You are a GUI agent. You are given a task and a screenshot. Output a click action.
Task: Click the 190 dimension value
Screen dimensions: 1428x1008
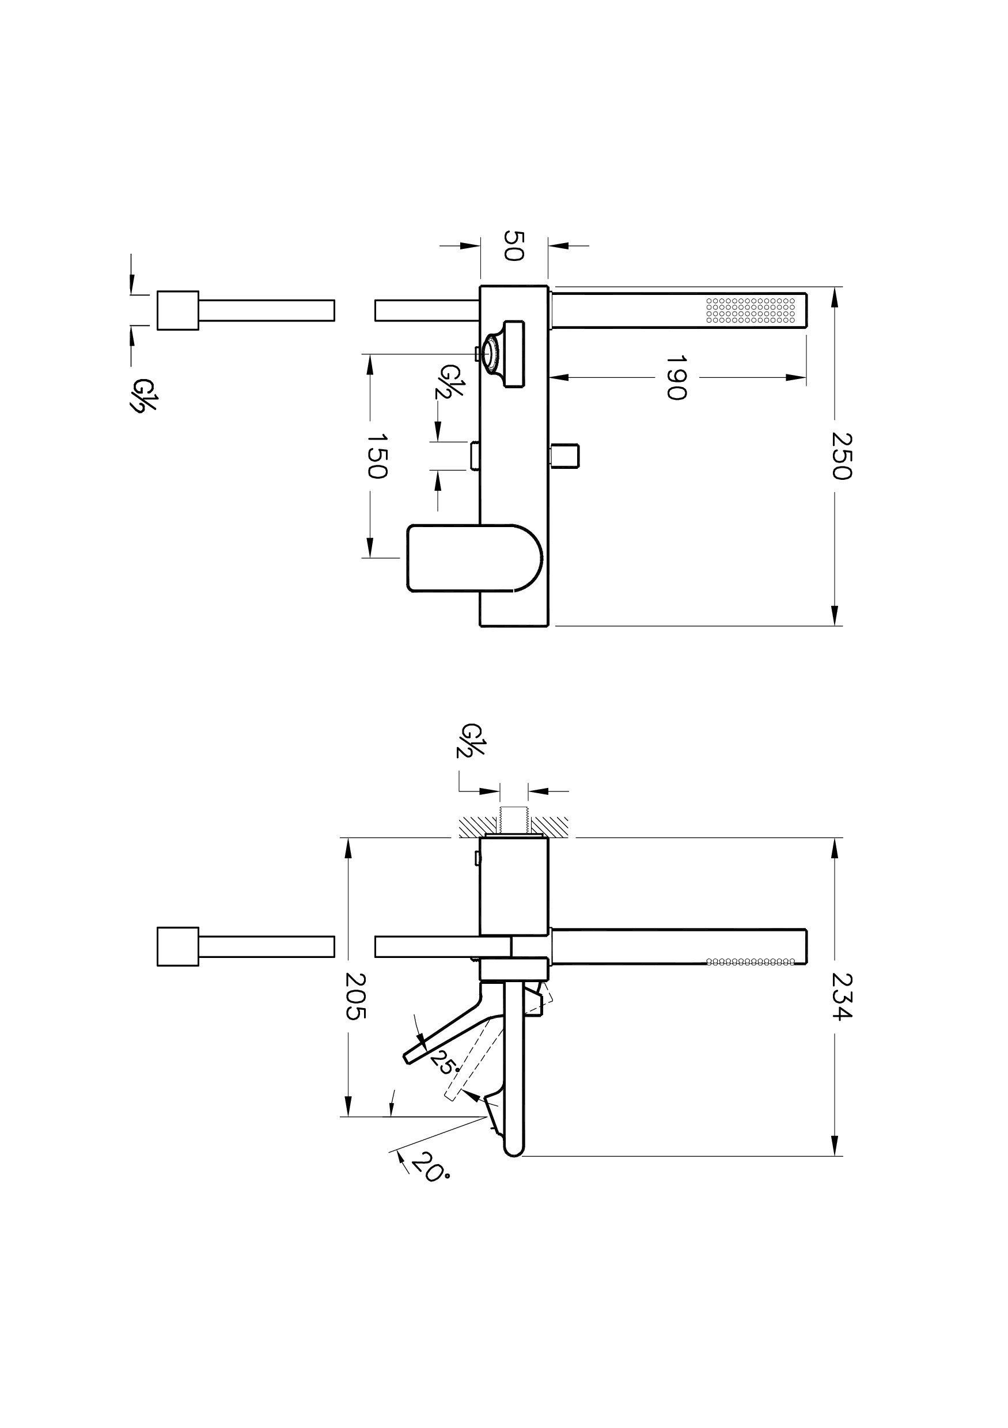click(x=676, y=377)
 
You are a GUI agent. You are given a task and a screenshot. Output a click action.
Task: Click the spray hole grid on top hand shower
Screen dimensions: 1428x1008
click(x=751, y=310)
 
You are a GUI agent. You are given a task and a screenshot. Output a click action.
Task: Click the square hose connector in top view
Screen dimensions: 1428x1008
click(x=178, y=310)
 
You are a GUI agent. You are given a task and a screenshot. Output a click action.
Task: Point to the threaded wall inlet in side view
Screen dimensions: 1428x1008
click(x=514, y=820)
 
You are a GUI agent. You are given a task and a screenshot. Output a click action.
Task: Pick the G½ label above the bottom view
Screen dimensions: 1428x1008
click(x=471, y=740)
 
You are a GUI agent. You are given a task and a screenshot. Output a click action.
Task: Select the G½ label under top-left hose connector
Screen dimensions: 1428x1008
click(x=142, y=395)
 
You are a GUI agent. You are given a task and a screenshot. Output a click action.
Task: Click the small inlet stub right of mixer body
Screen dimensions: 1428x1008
click(x=565, y=455)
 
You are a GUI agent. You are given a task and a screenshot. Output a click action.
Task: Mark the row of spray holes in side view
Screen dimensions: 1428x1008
click(x=751, y=961)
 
